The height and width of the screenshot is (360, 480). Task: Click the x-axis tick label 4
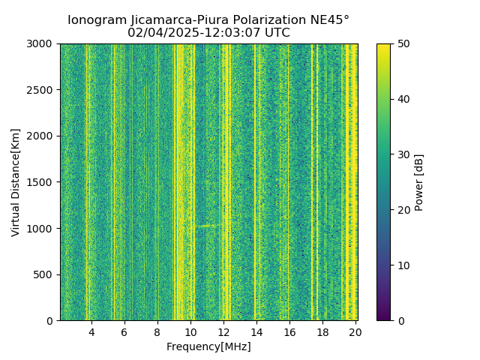tap(91, 332)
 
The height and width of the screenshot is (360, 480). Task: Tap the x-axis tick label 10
tap(190, 332)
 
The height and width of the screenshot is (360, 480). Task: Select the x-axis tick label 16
tap(289, 332)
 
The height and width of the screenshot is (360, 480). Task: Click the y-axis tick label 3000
tap(42, 44)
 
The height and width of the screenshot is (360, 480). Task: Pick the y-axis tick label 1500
tap(42, 182)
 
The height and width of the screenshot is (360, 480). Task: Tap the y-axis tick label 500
tap(45, 274)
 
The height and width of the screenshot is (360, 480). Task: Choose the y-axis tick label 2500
tap(42, 90)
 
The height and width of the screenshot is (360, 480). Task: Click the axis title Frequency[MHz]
tap(208, 346)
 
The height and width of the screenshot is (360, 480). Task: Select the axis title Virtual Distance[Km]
tap(16, 182)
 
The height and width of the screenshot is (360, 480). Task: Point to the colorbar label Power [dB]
tap(419, 182)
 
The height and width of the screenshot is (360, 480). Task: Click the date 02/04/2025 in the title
tap(159, 33)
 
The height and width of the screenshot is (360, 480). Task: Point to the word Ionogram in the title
tap(94, 20)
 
